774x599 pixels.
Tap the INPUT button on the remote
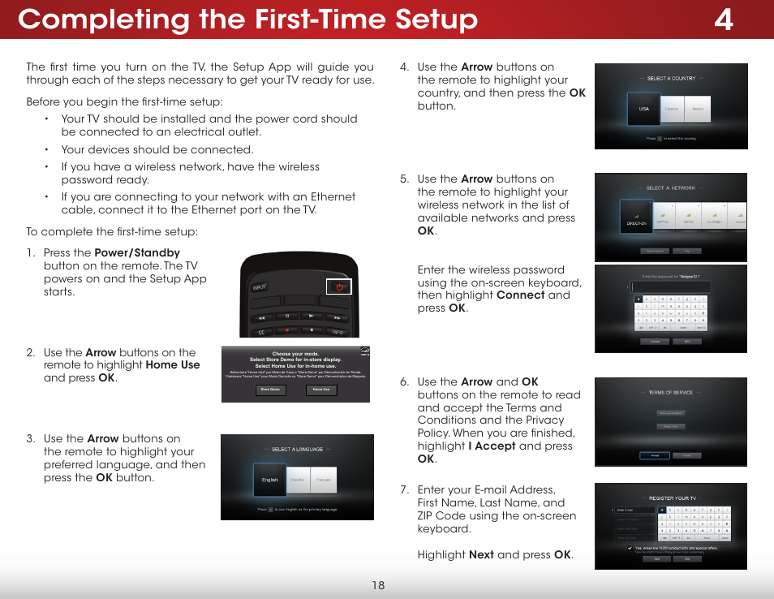(x=260, y=287)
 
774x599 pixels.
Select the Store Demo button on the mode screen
(x=270, y=390)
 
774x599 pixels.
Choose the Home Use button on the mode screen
(x=321, y=390)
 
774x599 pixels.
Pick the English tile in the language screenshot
(x=270, y=480)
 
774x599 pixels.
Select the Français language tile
(x=323, y=480)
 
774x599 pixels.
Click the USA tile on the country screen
(x=644, y=109)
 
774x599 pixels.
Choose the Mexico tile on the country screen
(x=698, y=109)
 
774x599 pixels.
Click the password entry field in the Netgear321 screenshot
(x=670, y=287)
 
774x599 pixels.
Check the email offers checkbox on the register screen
(x=630, y=548)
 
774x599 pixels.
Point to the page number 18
(x=379, y=585)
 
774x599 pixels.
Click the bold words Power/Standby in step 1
(x=137, y=253)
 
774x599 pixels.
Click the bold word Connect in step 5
(x=521, y=295)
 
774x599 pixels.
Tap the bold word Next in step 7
(x=481, y=555)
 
